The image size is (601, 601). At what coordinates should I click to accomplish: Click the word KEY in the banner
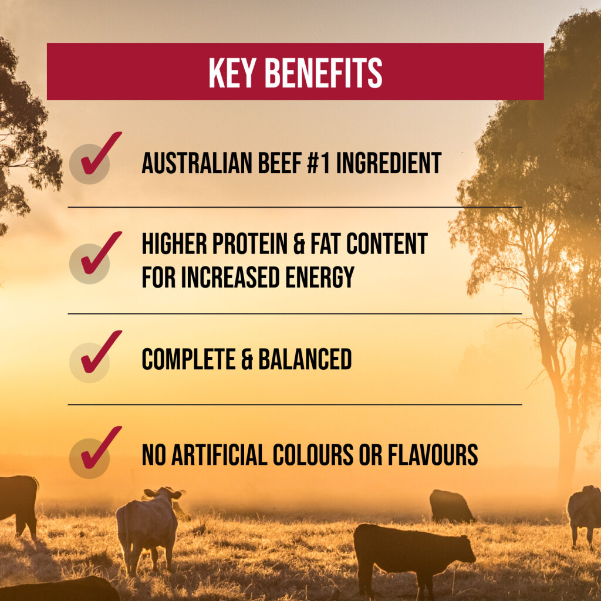232,73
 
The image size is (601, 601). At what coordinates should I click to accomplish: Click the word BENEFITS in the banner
323,73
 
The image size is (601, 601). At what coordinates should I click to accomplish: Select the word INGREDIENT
389,163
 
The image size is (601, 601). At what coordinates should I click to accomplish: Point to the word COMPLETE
188,359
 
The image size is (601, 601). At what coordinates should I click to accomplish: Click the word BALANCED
305,359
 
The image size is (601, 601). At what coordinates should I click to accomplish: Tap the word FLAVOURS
433,455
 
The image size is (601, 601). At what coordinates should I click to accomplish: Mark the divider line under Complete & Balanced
295,404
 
